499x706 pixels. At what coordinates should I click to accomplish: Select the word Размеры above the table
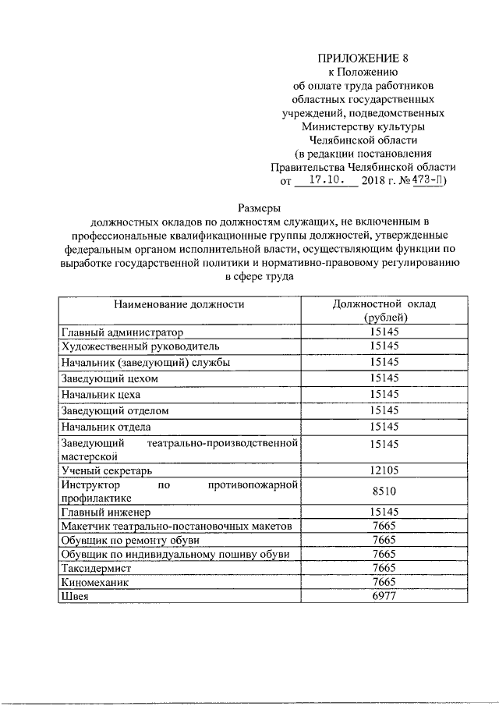[257, 208]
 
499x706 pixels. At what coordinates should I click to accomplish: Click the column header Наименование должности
[179, 305]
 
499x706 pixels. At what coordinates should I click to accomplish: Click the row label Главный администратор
[121, 332]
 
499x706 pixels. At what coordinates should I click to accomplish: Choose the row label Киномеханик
[98, 583]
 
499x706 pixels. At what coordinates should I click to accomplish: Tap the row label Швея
[75, 597]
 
